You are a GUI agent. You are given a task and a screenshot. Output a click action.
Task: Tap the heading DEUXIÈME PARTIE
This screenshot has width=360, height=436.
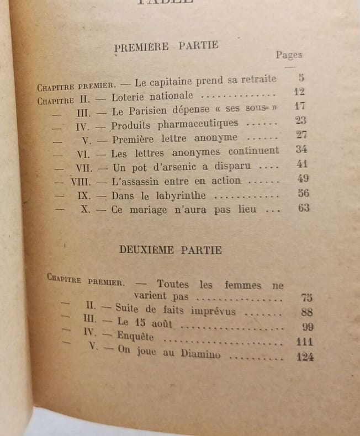pyautogui.click(x=171, y=250)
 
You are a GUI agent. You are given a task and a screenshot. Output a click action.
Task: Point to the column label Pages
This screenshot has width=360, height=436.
pyautogui.click(x=289, y=55)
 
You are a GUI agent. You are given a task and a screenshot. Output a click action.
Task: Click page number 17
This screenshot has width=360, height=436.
pyautogui.click(x=300, y=107)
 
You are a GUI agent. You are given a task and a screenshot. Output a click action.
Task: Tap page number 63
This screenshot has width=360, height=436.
pyautogui.click(x=303, y=208)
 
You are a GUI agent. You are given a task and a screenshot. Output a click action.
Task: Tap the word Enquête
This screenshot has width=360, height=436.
pyautogui.click(x=135, y=337)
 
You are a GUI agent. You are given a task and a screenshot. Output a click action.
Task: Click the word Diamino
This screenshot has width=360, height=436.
pyautogui.click(x=199, y=354)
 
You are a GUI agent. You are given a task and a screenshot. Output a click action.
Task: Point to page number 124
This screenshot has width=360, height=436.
pyautogui.click(x=305, y=357)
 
